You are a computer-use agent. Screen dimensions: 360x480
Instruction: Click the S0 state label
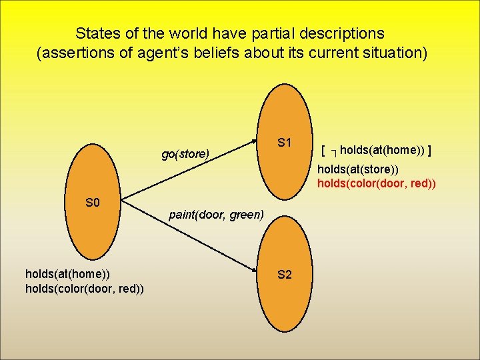coord(93,202)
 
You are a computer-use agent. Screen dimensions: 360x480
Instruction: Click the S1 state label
coord(285,142)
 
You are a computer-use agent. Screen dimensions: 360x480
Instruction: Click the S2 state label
coord(285,274)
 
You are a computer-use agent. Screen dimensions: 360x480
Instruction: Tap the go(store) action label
coord(185,154)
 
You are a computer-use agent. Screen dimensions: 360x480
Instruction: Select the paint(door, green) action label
coord(217,215)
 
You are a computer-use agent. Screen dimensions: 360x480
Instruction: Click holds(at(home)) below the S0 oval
coord(67,273)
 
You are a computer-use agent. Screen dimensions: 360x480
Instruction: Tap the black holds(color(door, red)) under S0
coord(85,287)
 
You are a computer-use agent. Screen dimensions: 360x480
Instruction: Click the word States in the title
coord(96,33)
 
